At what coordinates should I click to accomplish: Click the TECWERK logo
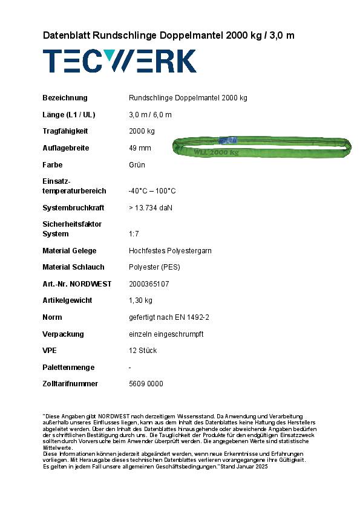click(x=119, y=61)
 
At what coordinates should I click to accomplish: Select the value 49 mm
click(x=140, y=148)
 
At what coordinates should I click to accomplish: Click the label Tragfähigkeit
click(x=65, y=131)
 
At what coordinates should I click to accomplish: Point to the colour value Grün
click(x=137, y=165)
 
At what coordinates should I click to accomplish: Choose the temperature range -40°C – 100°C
click(x=152, y=191)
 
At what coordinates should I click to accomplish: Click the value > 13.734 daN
click(x=151, y=208)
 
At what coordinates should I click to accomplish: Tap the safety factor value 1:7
click(x=135, y=234)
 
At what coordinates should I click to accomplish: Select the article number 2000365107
click(x=149, y=284)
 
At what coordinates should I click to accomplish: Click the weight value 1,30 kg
click(x=140, y=300)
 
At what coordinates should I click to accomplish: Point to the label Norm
click(x=52, y=317)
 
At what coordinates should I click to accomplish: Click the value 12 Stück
click(x=143, y=351)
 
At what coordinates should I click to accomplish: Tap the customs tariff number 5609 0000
click(x=146, y=384)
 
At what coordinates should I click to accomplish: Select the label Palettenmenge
click(x=67, y=368)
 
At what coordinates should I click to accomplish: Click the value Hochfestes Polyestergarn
click(x=170, y=251)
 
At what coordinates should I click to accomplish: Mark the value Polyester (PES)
click(x=155, y=267)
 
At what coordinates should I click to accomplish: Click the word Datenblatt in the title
click(x=66, y=36)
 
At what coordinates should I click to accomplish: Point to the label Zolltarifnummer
click(x=70, y=384)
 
